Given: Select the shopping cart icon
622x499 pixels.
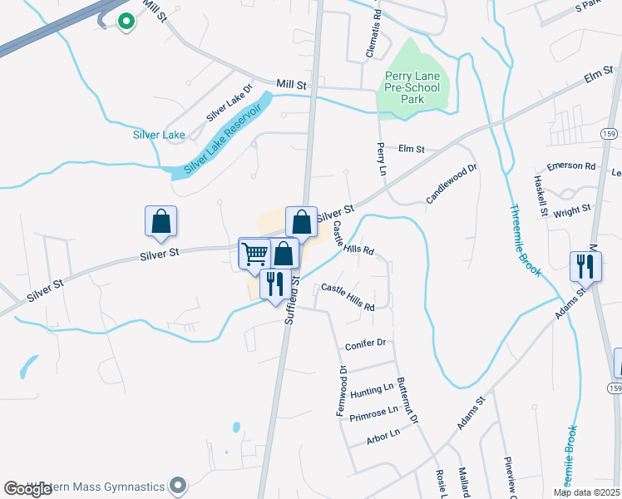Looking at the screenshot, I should (x=254, y=253).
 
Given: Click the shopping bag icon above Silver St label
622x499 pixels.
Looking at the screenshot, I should (x=160, y=221).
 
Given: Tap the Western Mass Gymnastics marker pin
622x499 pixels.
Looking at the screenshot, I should (x=176, y=485).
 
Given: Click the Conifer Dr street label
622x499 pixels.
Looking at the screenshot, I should (x=366, y=343).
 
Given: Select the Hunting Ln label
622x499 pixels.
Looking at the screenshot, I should (x=372, y=389).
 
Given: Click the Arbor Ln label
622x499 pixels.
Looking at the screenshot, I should (x=383, y=433).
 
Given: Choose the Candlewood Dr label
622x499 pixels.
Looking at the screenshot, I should (x=452, y=185).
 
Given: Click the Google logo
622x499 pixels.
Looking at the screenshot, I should (x=28, y=489).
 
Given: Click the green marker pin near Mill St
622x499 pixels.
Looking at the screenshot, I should (x=126, y=22).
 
